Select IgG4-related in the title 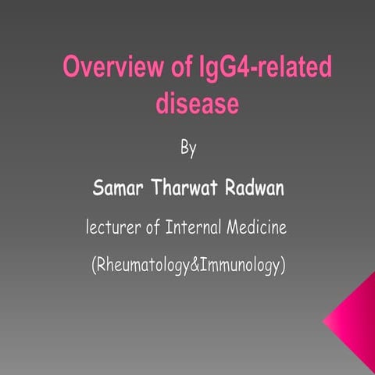coord(266,69)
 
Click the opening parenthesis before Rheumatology coord(94,266)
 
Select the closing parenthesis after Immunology coord(283,266)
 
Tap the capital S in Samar coord(98,188)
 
